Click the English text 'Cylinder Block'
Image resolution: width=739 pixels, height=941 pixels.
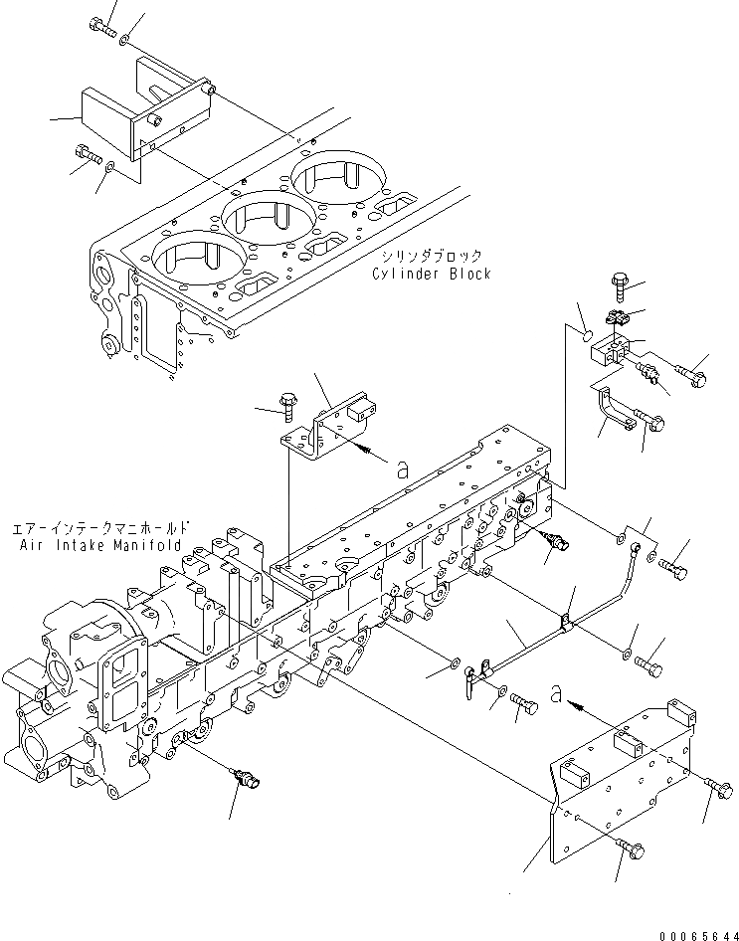432,274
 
